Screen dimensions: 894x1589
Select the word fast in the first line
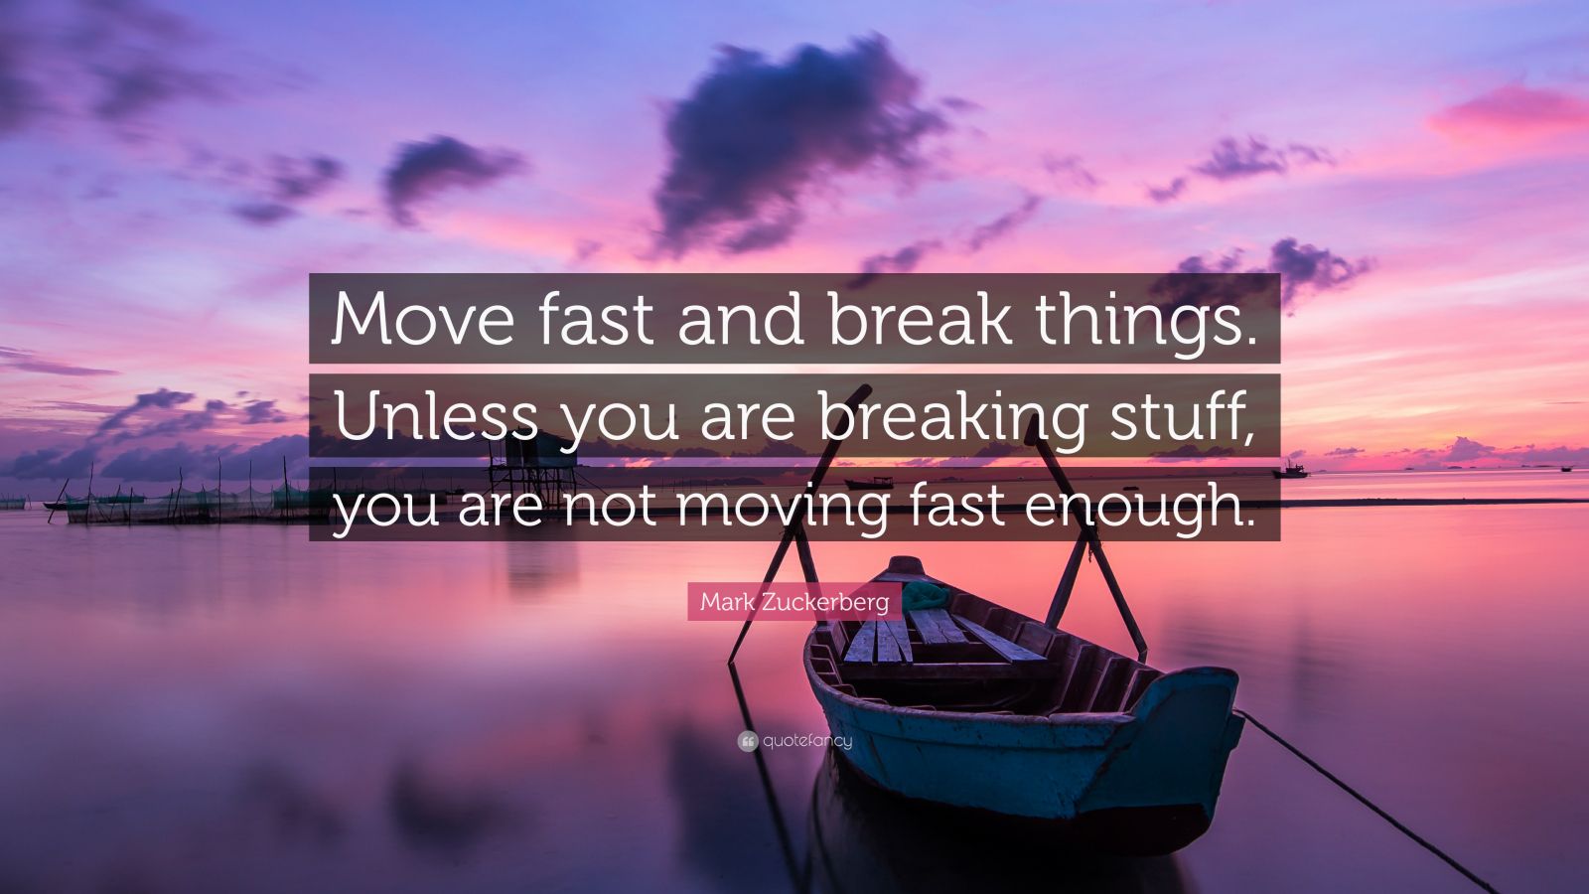tap(585, 318)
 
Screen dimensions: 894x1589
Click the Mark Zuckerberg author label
tap(794, 602)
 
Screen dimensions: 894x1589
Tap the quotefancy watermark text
tap(807, 741)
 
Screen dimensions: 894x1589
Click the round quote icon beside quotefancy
tap(748, 741)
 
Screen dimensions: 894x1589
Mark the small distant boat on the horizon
tap(1291, 470)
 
